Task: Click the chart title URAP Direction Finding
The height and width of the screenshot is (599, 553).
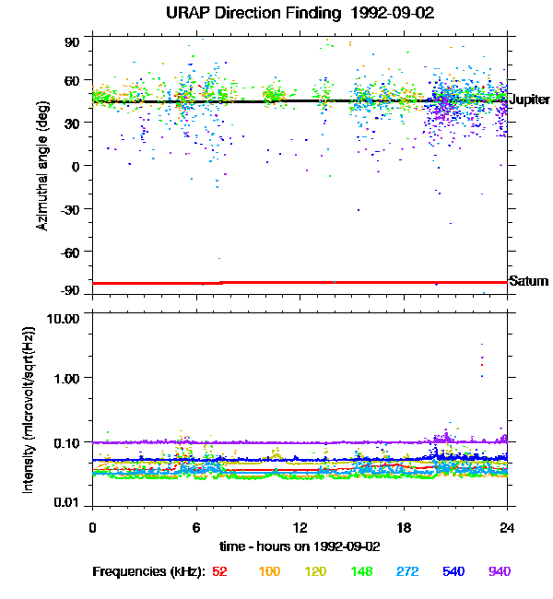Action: pos(276,13)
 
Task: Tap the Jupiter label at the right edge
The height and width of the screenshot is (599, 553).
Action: pos(529,100)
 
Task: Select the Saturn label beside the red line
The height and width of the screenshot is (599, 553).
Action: pos(529,281)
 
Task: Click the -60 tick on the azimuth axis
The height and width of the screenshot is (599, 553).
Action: pos(69,251)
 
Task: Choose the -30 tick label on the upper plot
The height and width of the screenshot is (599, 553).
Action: pos(69,208)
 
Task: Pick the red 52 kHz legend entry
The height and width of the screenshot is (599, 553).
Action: pos(219,571)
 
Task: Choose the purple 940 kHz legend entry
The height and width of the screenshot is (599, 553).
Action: pos(499,571)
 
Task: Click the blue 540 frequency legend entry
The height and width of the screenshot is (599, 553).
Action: pos(453,571)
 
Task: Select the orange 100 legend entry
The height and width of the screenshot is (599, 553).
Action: pos(269,571)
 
